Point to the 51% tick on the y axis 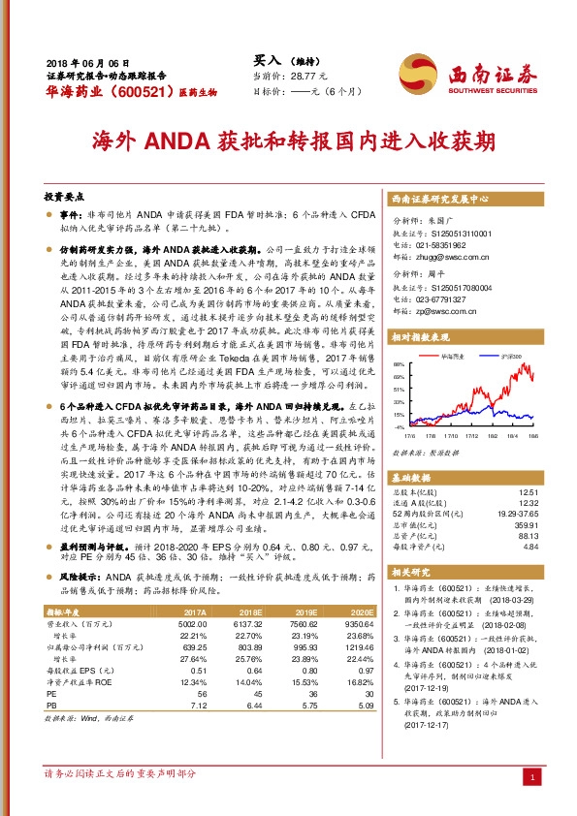click(399, 388)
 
